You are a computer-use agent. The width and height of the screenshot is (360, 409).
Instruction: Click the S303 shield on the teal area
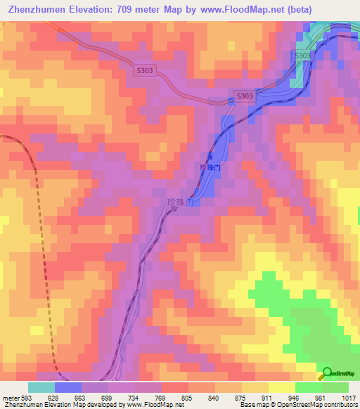point(302,56)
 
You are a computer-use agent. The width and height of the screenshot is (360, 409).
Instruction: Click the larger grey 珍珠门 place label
point(180,202)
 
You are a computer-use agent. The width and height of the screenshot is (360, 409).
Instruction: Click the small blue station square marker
point(210,157)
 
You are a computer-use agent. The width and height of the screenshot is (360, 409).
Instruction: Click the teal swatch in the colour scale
point(41,387)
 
